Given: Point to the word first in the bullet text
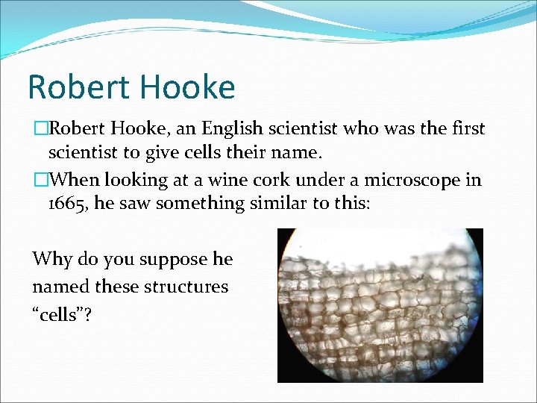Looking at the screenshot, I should click(468, 129).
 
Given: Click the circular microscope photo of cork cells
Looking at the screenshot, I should click(380, 306).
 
